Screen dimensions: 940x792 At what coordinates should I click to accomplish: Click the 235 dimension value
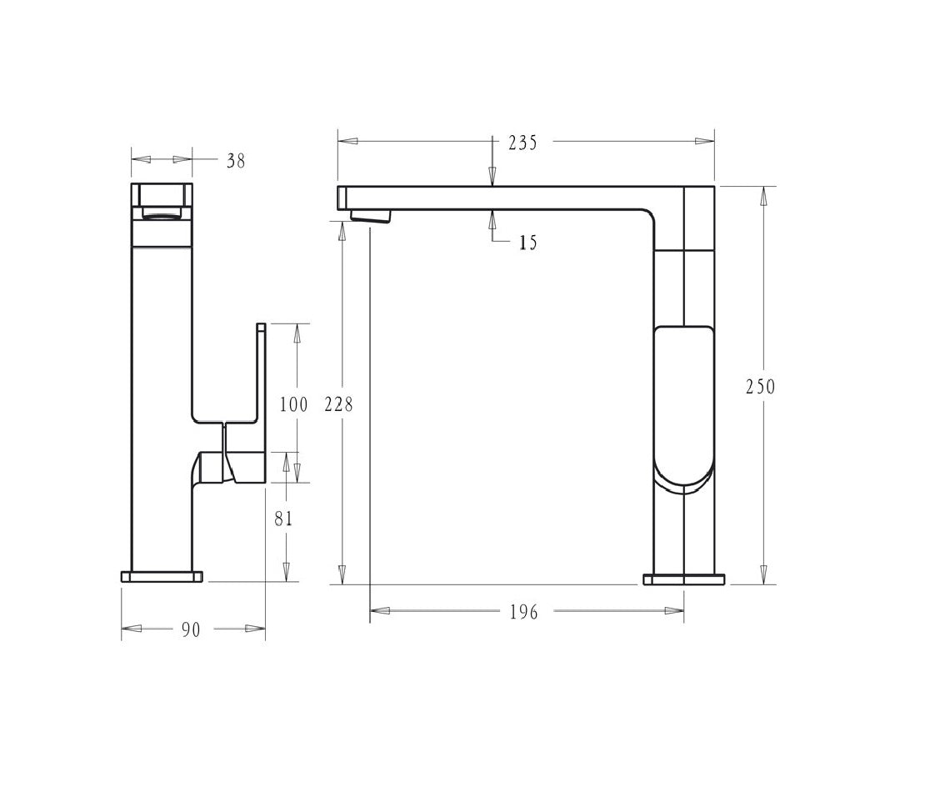[522, 143]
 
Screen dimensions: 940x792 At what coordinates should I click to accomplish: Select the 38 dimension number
[236, 161]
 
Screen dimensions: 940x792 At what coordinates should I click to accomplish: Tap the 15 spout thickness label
[527, 243]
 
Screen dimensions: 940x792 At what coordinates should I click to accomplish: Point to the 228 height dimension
[338, 404]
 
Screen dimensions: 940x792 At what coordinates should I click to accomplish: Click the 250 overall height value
[760, 387]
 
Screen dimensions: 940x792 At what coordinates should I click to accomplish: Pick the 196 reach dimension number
[524, 612]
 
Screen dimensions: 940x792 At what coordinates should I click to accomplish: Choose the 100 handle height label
[293, 404]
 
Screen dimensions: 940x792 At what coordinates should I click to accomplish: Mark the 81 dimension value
[283, 519]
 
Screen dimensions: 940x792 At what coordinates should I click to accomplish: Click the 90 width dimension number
[191, 629]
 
